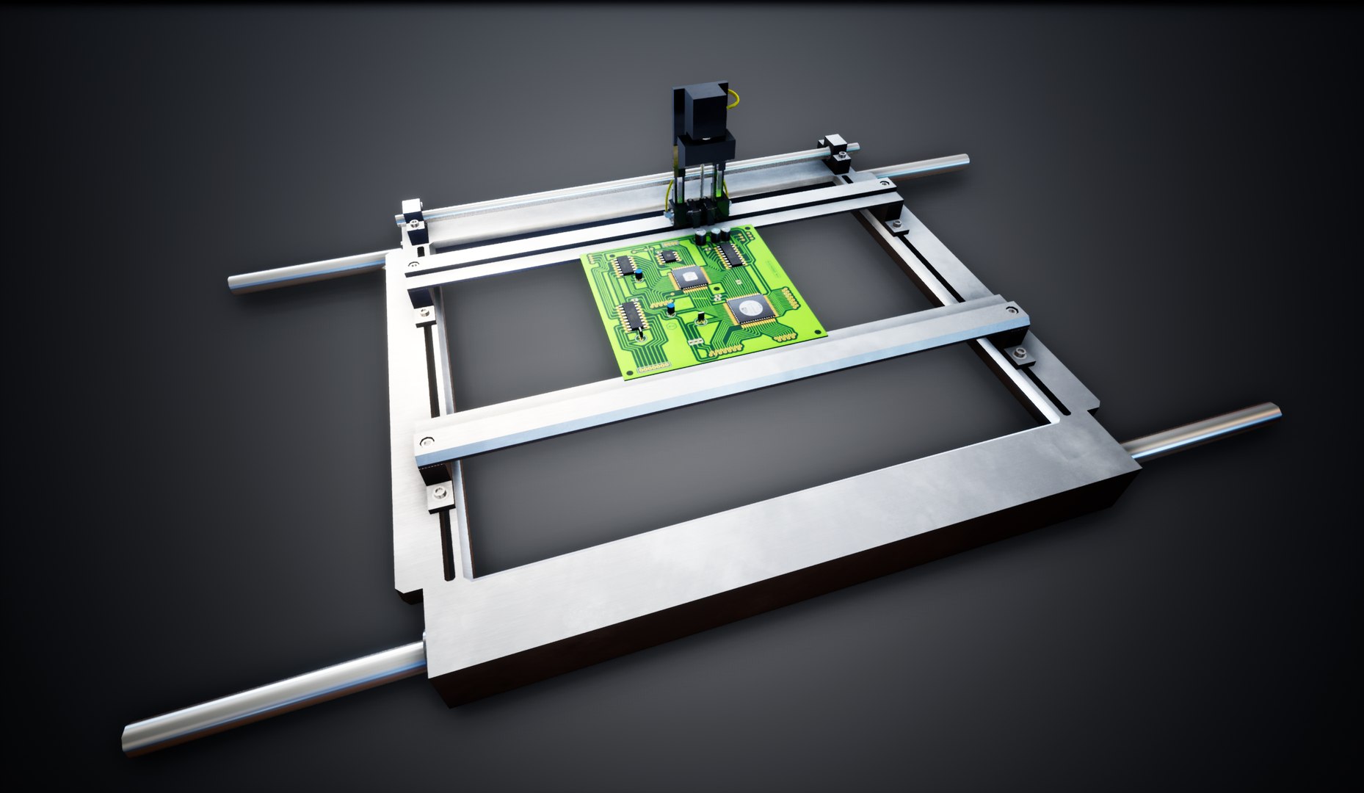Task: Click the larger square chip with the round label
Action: pyautogui.click(x=748, y=309)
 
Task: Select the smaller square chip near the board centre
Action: pyautogui.click(x=687, y=278)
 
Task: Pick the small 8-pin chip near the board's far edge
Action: pyautogui.click(x=667, y=256)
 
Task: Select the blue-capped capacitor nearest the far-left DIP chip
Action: pyautogui.click(x=641, y=275)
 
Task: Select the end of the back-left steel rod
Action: pyautogui.click(x=235, y=283)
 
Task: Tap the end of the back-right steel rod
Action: pyautogui.click(x=964, y=159)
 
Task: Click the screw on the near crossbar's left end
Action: pyautogui.click(x=427, y=442)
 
